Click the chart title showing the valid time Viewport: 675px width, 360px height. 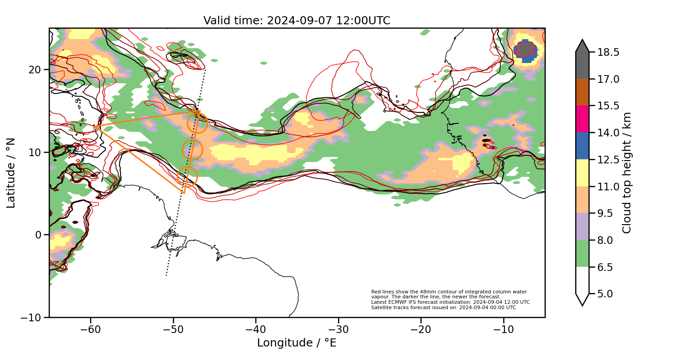tap(297, 21)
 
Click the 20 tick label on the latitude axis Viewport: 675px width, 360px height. tap(36, 70)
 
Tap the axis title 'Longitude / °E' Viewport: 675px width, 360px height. tap(297, 343)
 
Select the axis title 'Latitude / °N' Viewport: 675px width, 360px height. tap(11, 173)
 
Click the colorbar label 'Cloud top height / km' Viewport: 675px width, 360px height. tap(627, 173)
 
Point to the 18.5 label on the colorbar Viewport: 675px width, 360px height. tap(607, 52)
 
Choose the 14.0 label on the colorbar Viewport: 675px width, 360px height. tap(607, 133)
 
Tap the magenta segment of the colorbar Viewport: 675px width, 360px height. tap(582, 119)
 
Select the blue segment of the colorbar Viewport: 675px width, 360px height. tap(582, 146)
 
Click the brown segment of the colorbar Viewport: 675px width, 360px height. tap(582, 92)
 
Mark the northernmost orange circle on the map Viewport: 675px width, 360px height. tap(197, 123)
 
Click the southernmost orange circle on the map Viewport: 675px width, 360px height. tap(187, 176)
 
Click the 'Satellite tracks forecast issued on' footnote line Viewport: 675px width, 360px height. tap(443, 308)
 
